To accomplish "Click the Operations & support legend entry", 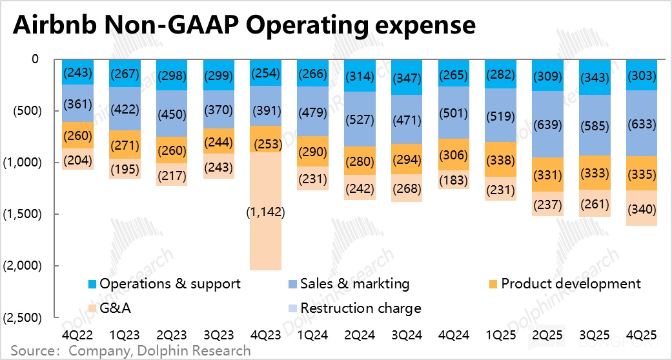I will coord(165,284).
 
